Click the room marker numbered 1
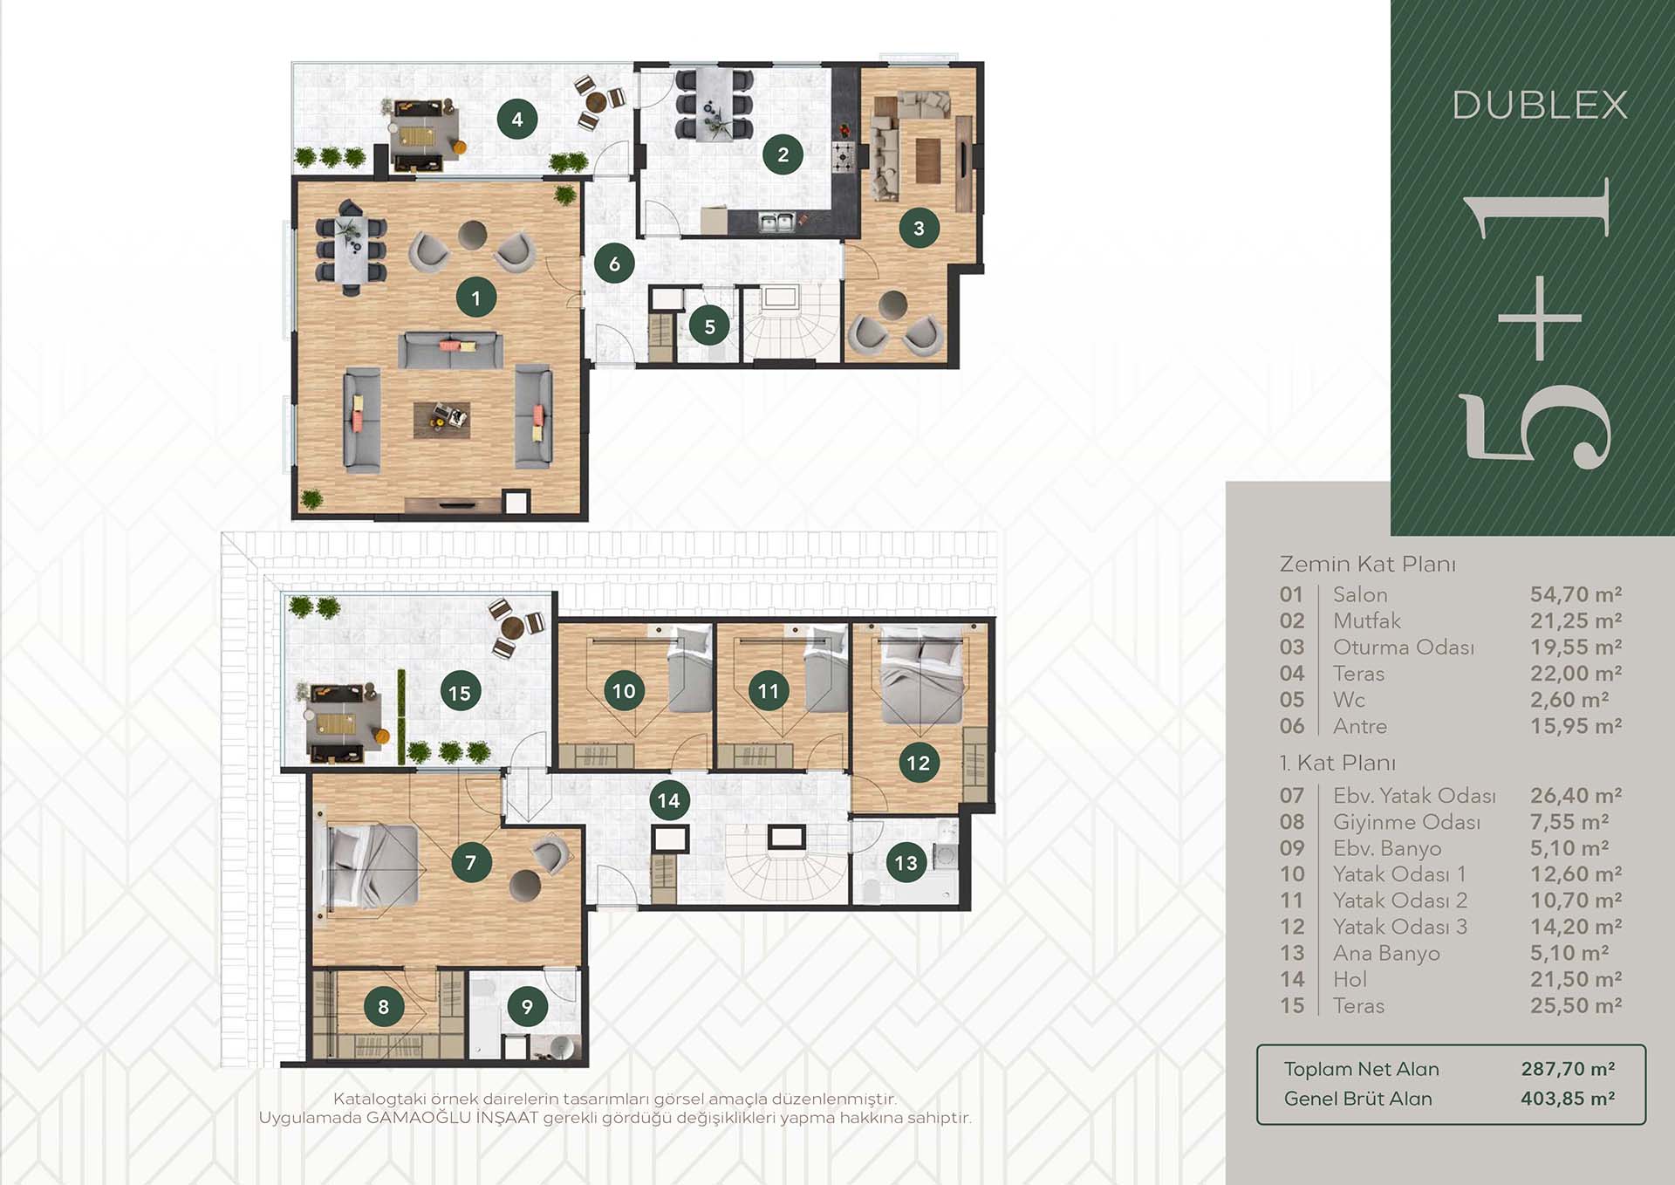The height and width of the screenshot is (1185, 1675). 475,298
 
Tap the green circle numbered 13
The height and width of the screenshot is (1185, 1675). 906,863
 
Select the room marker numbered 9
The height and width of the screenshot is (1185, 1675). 527,1007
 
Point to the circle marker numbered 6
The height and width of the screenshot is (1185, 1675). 614,264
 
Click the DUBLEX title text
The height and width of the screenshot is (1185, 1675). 1540,106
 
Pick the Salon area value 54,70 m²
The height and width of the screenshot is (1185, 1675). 1576,594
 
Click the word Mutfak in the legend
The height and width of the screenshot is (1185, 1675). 1366,620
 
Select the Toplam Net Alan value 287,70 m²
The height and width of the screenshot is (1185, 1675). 1568,1069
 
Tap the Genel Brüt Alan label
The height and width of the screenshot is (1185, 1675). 1357,1099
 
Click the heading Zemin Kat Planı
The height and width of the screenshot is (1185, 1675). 1367,564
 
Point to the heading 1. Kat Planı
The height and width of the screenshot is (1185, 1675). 1337,763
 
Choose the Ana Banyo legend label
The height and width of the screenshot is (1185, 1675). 1386,954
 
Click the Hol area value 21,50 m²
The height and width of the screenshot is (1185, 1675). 1576,979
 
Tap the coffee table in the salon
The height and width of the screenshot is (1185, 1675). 441,420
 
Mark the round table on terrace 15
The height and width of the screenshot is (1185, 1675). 513,625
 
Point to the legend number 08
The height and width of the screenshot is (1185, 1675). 1292,822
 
